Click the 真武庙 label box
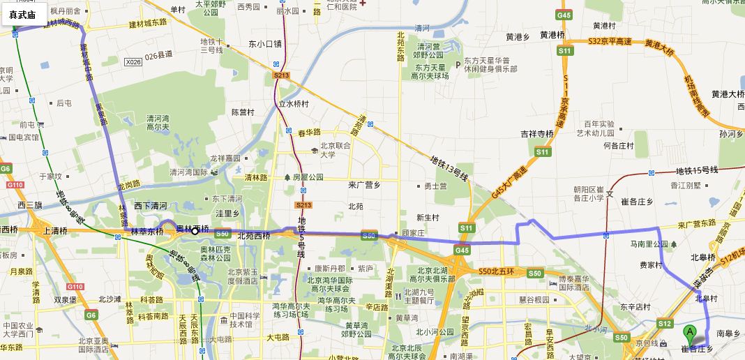[x=23, y=14]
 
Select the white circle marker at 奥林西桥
[x=195, y=230]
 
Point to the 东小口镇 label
[x=265, y=43]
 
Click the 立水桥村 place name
[x=294, y=104]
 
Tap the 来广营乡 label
[x=363, y=184]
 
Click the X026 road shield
[x=133, y=62]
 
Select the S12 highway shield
[x=664, y=323]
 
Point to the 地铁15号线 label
[x=697, y=170]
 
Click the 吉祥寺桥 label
[x=536, y=133]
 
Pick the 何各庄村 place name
[x=618, y=146]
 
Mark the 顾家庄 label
[x=413, y=232]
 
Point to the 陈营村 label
[x=244, y=112]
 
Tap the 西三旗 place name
[x=30, y=205]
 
